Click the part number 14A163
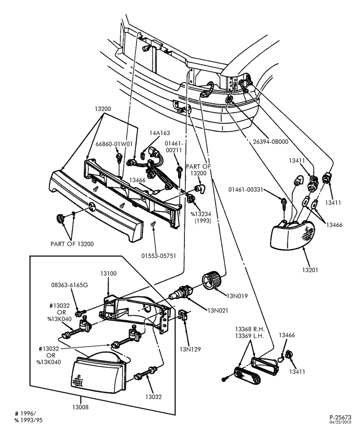click(x=160, y=133)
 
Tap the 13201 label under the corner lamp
click(x=310, y=270)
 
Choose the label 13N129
click(x=190, y=349)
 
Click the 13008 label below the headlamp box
click(x=80, y=407)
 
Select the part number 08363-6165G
click(x=70, y=285)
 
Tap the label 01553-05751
click(x=159, y=256)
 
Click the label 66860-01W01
click(x=114, y=144)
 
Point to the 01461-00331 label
click(x=246, y=190)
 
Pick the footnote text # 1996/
click(x=26, y=414)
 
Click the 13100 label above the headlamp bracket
click(x=109, y=273)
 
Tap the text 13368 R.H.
click(x=250, y=329)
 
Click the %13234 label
click(x=200, y=214)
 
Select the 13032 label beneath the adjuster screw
click(x=154, y=397)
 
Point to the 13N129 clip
click(x=183, y=314)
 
